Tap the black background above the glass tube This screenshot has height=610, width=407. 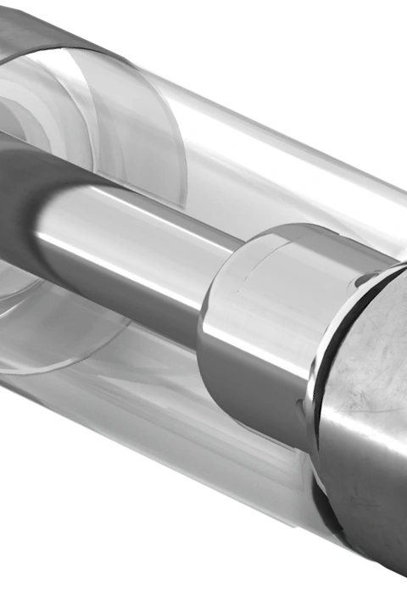322,68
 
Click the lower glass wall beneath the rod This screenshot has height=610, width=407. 170,399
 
